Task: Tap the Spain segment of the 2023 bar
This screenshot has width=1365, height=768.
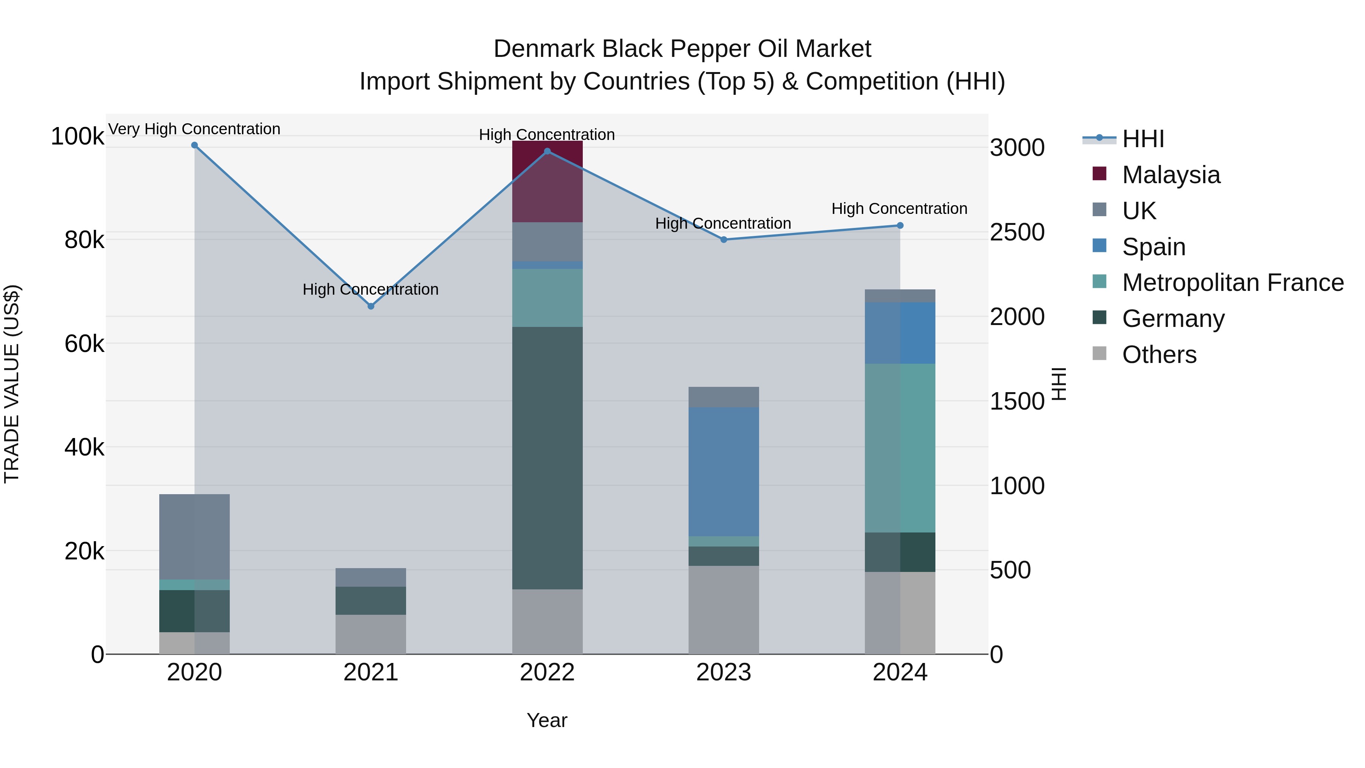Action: (723, 472)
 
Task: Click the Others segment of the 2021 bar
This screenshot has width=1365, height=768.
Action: (370, 635)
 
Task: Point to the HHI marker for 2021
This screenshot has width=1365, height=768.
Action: (371, 306)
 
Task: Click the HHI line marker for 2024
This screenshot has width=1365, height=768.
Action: (900, 225)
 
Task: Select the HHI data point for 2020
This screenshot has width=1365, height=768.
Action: (195, 145)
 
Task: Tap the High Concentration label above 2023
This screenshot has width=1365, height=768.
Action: (723, 224)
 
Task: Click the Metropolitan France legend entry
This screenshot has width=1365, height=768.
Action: (1233, 283)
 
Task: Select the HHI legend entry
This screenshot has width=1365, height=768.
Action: (1143, 139)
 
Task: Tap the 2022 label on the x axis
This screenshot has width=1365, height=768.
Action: (548, 672)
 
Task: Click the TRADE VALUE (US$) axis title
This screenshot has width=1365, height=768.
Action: (12, 384)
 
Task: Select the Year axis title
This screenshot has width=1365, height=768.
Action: (547, 720)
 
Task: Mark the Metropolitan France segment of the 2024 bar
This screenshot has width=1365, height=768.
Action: (900, 448)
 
